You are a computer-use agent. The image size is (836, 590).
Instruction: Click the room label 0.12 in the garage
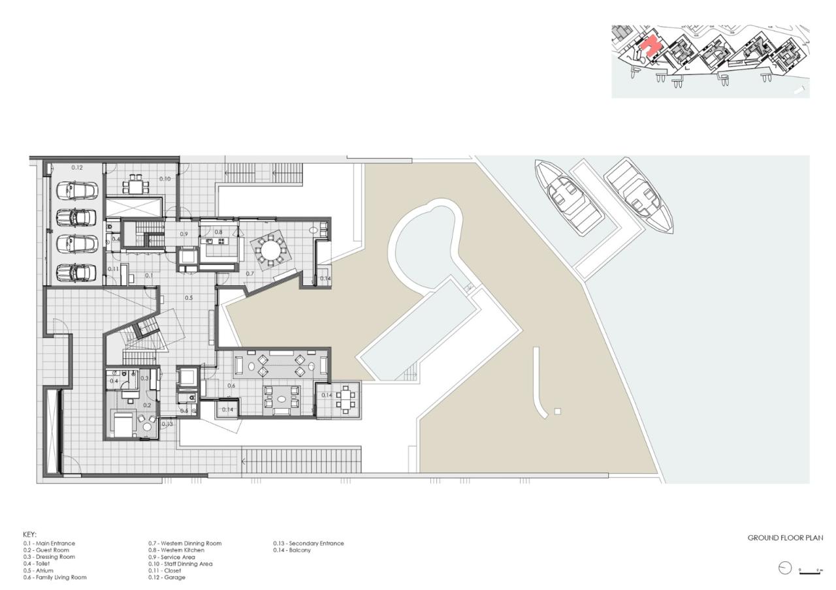click(77, 168)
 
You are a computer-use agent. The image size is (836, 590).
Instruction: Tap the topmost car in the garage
click(76, 191)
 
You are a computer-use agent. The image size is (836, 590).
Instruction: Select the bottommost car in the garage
click(76, 271)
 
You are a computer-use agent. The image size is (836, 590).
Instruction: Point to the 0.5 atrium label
click(188, 298)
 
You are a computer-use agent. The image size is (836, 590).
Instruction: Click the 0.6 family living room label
click(231, 386)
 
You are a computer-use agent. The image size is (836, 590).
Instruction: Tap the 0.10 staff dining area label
click(165, 179)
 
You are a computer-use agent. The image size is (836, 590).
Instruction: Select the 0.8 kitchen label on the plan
click(218, 232)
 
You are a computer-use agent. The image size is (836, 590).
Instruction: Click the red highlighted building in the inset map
click(651, 48)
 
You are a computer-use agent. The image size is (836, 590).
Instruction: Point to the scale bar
click(810, 572)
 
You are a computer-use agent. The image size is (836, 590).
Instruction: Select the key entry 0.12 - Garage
click(167, 578)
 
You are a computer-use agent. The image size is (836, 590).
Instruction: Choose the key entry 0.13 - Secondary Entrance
click(308, 543)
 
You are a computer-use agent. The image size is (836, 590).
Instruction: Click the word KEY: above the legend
click(30, 534)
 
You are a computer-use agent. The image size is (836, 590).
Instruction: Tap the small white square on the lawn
click(557, 411)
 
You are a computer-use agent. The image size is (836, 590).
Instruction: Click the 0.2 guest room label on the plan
click(147, 405)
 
